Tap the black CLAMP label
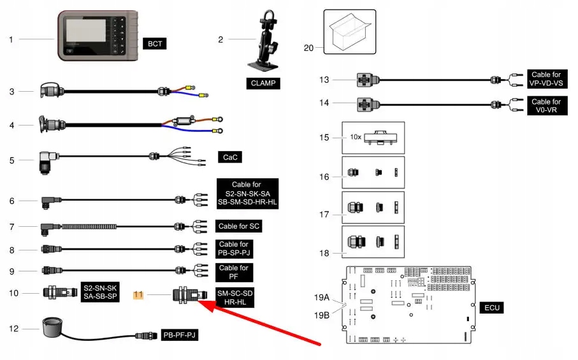point(263,83)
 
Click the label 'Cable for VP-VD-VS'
point(545,80)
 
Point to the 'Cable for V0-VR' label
point(545,106)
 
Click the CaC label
point(230,157)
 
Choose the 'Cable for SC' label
point(239,226)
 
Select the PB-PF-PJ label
point(180,335)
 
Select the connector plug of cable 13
point(365,80)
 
